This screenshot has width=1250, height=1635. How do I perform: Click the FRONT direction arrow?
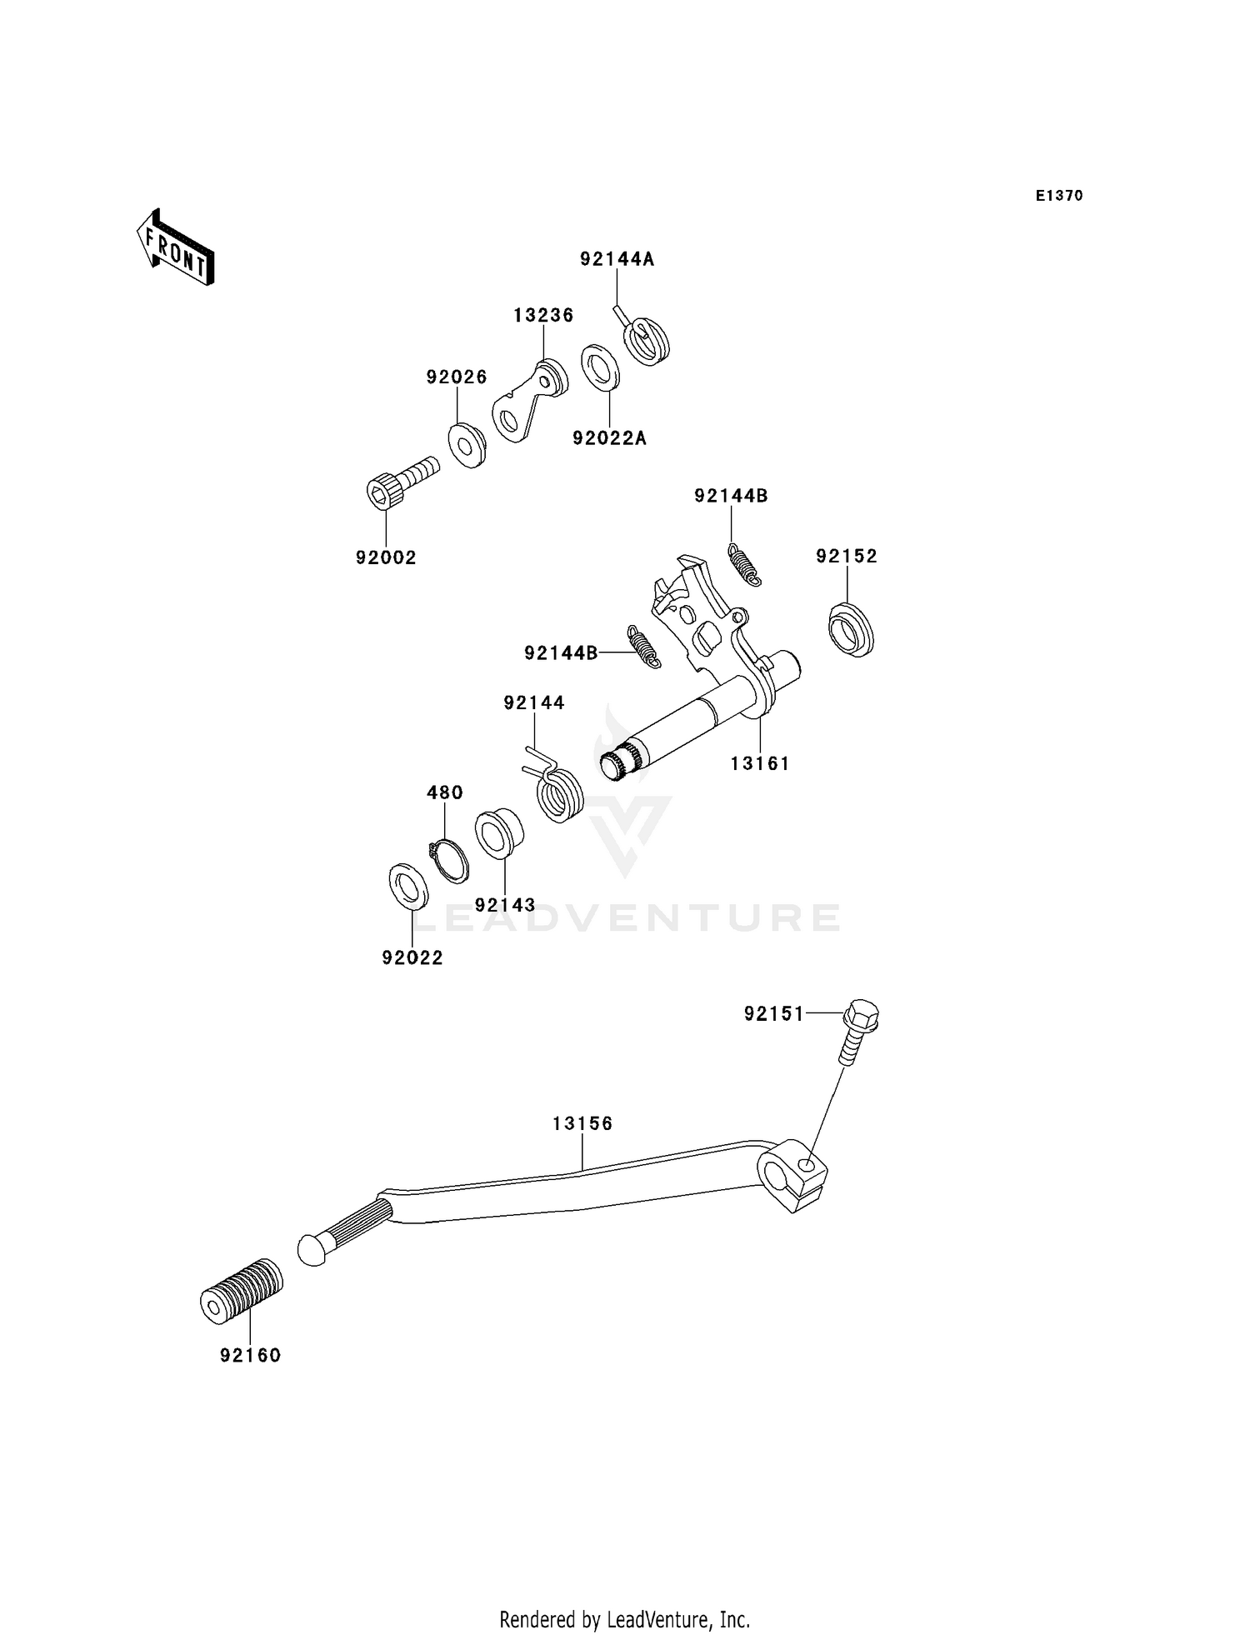176,248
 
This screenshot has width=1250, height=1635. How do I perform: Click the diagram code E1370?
1058,196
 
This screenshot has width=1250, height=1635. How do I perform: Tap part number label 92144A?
617,259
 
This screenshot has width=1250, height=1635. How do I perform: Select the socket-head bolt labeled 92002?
400,481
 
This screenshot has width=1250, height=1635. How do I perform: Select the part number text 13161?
759,763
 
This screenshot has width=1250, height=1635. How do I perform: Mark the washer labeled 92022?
408,887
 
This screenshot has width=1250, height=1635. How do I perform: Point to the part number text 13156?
582,1123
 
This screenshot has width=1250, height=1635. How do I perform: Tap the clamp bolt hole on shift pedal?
806,1164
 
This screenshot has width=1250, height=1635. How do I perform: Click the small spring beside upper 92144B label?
745,564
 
